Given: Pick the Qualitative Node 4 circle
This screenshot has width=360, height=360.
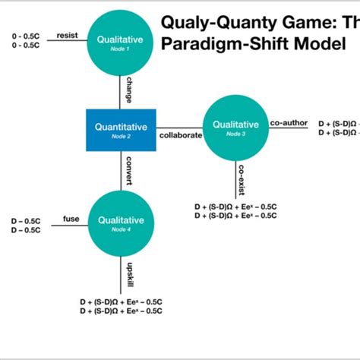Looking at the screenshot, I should pos(119,223).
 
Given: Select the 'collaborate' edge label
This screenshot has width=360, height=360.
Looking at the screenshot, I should pos(181,136).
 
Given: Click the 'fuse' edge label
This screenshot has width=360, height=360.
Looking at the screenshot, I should pos(71,219).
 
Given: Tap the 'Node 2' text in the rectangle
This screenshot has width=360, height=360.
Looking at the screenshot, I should pos(122,136).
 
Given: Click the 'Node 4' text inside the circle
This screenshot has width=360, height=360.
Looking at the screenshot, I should pos(119,230).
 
